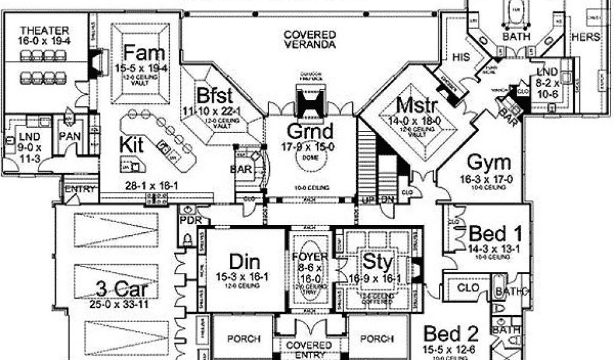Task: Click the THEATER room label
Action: click(44, 30)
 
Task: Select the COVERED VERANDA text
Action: click(309, 39)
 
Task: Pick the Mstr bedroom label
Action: click(418, 106)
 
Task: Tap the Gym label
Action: click(489, 163)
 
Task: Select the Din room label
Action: click(244, 262)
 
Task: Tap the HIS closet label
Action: click(460, 57)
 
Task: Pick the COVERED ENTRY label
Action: click(309, 349)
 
